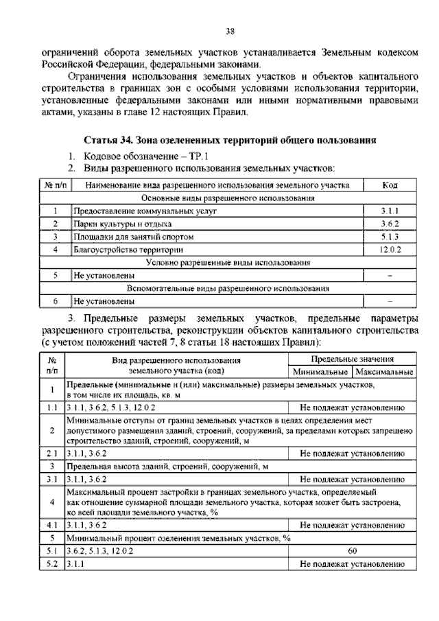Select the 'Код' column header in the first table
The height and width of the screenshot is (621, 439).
point(390,185)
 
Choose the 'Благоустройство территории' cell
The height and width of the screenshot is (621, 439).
point(128,250)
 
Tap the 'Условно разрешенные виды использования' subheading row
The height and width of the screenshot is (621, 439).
point(228,263)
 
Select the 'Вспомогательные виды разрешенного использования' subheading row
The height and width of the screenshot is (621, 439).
point(228,288)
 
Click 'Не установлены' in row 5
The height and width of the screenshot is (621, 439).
point(104,276)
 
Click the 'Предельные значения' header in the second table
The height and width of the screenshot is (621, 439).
point(352,359)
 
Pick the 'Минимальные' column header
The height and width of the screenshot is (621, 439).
point(320,372)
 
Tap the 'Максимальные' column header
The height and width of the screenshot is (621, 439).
point(384,372)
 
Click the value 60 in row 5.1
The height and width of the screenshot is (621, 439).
point(352,550)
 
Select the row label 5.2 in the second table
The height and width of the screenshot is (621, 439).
point(51,564)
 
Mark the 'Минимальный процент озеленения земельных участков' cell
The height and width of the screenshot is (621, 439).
point(178,538)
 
